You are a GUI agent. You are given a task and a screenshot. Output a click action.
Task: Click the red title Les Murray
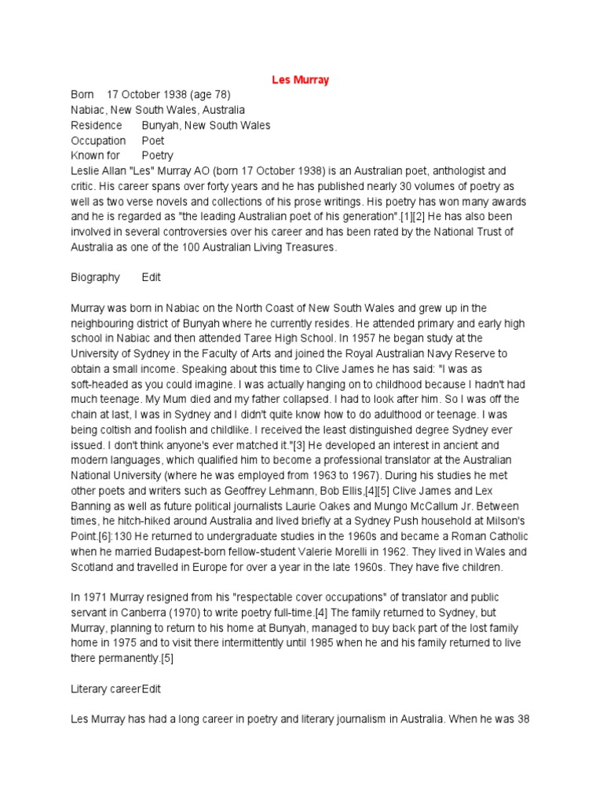(x=300, y=79)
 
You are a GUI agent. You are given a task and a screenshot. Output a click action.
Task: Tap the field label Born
(x=82, y=94)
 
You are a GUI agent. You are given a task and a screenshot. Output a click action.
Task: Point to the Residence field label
(x=97, y=125)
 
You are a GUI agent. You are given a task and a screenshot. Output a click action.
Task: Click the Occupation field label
(x=98, y=141)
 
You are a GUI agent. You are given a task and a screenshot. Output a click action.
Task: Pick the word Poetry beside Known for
(x=158, y=155)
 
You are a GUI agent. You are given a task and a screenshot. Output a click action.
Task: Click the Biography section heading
(x=96, y=277)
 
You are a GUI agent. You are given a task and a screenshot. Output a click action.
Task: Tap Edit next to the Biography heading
(x=152, y=277)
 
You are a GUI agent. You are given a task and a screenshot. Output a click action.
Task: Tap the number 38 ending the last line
(x=526, y=718)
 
